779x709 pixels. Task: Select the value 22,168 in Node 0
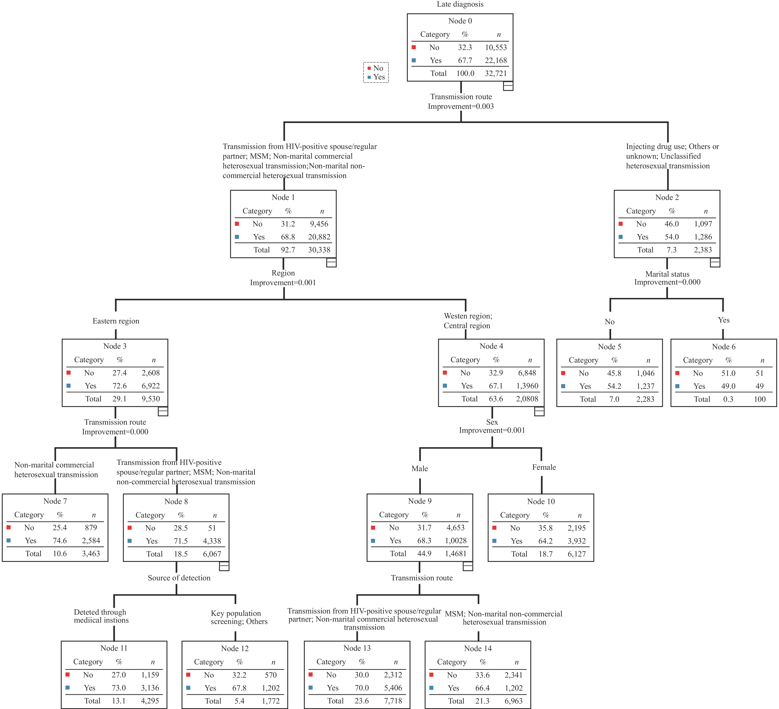(496, 60)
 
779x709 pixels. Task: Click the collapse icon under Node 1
(332, 262)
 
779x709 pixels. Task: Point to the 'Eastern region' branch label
(116, 321)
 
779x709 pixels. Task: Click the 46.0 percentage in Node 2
(672, 224)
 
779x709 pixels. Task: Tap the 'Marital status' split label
(667, 274)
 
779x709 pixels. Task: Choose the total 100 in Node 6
(760, 399)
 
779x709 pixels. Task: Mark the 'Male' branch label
(420, 469)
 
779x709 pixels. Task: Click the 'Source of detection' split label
(179, 578)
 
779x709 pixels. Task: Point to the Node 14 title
(478, 648)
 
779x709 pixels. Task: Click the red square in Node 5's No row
(563, 373)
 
